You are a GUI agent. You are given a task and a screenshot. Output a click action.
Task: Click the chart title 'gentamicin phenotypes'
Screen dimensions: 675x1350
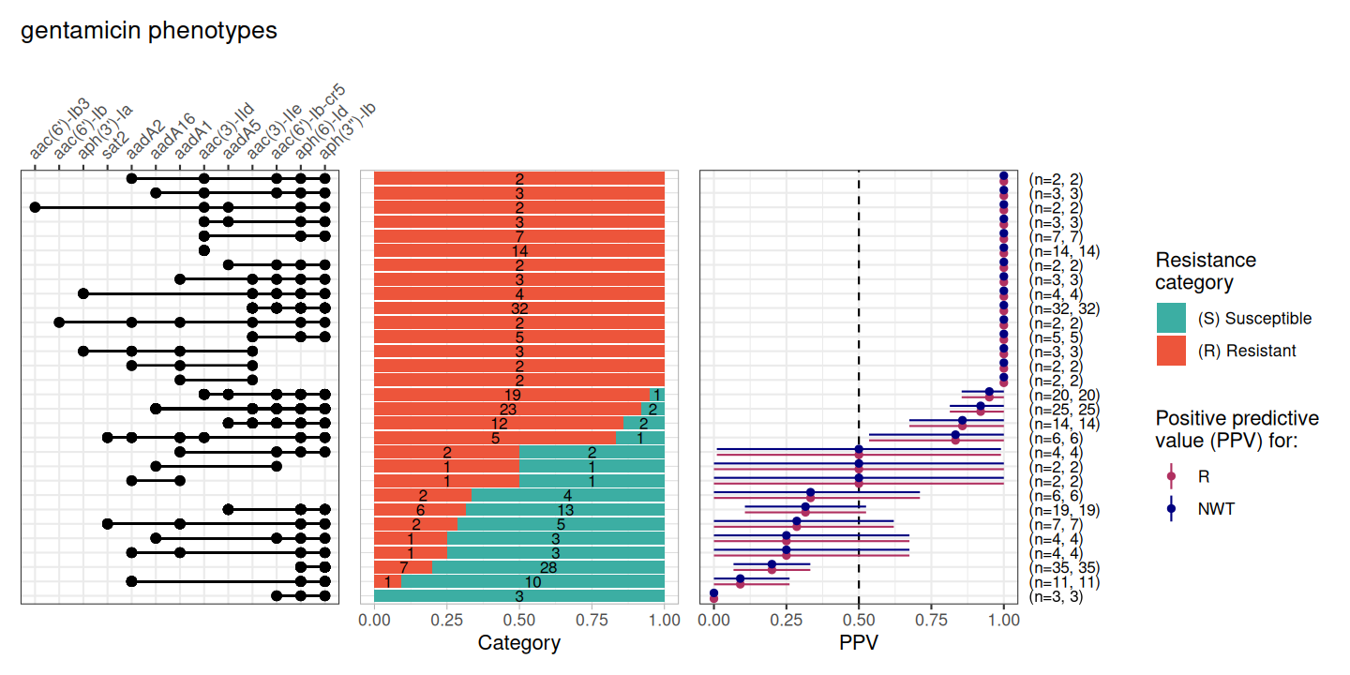pos(149,30)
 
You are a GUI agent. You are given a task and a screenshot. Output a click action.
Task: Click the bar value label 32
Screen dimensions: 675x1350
pos(518,308)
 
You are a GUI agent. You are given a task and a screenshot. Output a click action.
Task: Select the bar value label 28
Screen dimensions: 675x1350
pos(548,567)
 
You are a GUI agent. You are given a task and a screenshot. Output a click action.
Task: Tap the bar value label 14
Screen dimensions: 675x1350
pos(518,250)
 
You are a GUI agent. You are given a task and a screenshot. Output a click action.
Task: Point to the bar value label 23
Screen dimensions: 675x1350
pos(507,409)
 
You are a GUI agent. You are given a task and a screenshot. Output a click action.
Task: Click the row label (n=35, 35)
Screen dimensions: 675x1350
pos(1064,568)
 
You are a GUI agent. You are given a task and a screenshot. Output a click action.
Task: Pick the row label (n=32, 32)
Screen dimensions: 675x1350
pos(1064,308)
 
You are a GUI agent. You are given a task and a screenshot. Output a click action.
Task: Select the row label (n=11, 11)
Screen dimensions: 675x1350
pos(1064,582)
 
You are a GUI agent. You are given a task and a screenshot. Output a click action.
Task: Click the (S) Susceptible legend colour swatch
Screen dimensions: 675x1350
pos(1171,319)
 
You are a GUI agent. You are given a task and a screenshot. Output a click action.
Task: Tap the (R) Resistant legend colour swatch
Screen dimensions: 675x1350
pos(1171,351)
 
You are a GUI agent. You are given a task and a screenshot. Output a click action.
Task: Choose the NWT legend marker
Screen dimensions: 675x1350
pos(1171,509)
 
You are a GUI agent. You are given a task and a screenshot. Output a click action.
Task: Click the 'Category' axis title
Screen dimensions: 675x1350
pos(518,643)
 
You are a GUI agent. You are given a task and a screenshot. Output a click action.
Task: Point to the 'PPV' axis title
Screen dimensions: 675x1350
pos(859,643)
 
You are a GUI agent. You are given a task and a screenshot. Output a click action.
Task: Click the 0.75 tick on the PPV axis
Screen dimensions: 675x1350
pos(931,620)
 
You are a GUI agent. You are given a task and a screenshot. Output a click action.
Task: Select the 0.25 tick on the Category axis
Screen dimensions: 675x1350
pos(446,620)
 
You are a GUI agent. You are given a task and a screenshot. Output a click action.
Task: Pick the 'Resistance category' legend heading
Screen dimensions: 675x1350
pos(1206,271)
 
